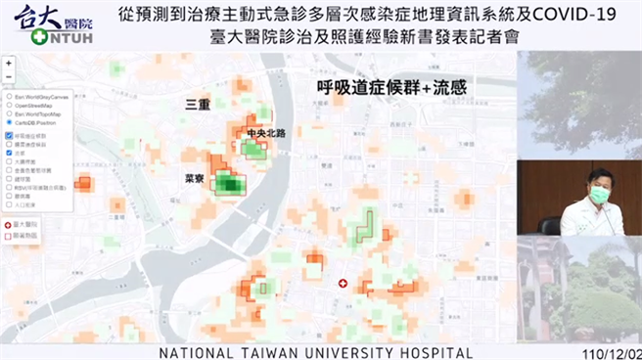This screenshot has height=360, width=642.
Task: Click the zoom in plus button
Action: click(x=9, y=63)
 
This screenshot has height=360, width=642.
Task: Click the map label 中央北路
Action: click(x=266, y=132)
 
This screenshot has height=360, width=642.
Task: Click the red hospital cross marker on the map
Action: click(x=343, y=283)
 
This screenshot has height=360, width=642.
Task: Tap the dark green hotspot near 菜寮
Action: click(x=231, y=183)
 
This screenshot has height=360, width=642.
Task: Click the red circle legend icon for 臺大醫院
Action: click(x=9, y=224)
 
